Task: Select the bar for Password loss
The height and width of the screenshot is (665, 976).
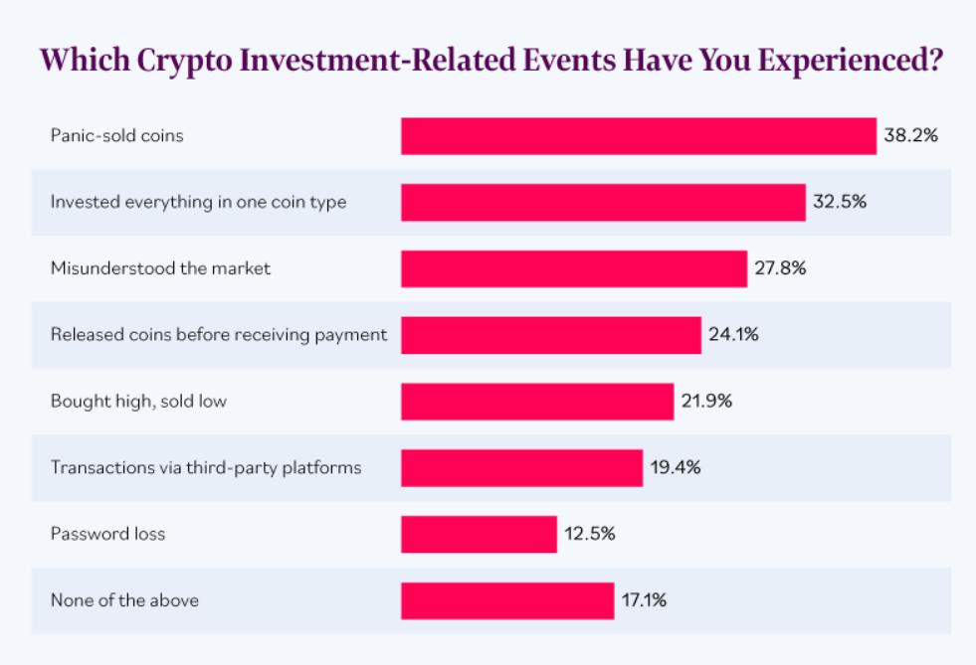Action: [x=479, y=534]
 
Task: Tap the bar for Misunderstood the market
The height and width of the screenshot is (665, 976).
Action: [x=574, y=268]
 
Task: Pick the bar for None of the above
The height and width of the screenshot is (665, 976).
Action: [x=507, y=600]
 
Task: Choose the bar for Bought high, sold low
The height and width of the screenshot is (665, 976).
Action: [x=537, y=402]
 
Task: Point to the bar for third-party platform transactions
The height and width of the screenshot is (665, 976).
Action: [x=521, y=467]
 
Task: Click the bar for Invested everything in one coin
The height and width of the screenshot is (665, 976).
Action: [x=603, y=202]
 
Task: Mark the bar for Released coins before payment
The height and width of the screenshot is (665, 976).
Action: [x=551, y=335]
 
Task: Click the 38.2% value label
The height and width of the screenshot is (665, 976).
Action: [x=911, y=136]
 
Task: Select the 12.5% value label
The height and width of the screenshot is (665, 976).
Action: [x=590, y=534]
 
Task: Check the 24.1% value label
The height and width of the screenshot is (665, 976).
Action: [x=734, y=335]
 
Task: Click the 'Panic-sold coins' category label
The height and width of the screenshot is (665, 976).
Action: [x=117, y=136]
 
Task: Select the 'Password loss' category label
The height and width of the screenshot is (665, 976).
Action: [x=107, y=534]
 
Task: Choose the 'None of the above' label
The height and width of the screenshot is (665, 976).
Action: [x=124, y=600]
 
